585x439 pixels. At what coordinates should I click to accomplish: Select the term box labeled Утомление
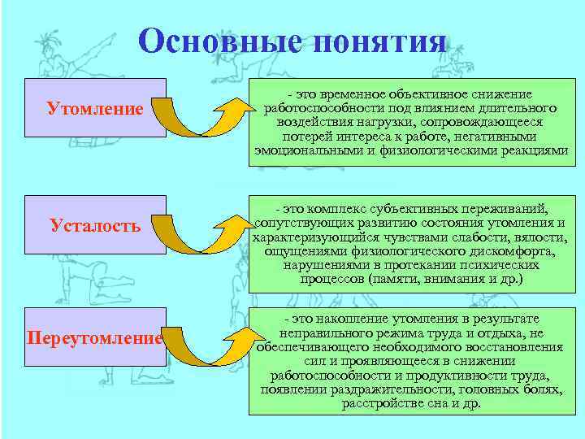tap(95, 108)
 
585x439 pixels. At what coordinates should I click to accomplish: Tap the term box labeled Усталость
tap(95, 225)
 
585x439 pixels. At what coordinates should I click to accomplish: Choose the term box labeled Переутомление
tap(95, 337)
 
